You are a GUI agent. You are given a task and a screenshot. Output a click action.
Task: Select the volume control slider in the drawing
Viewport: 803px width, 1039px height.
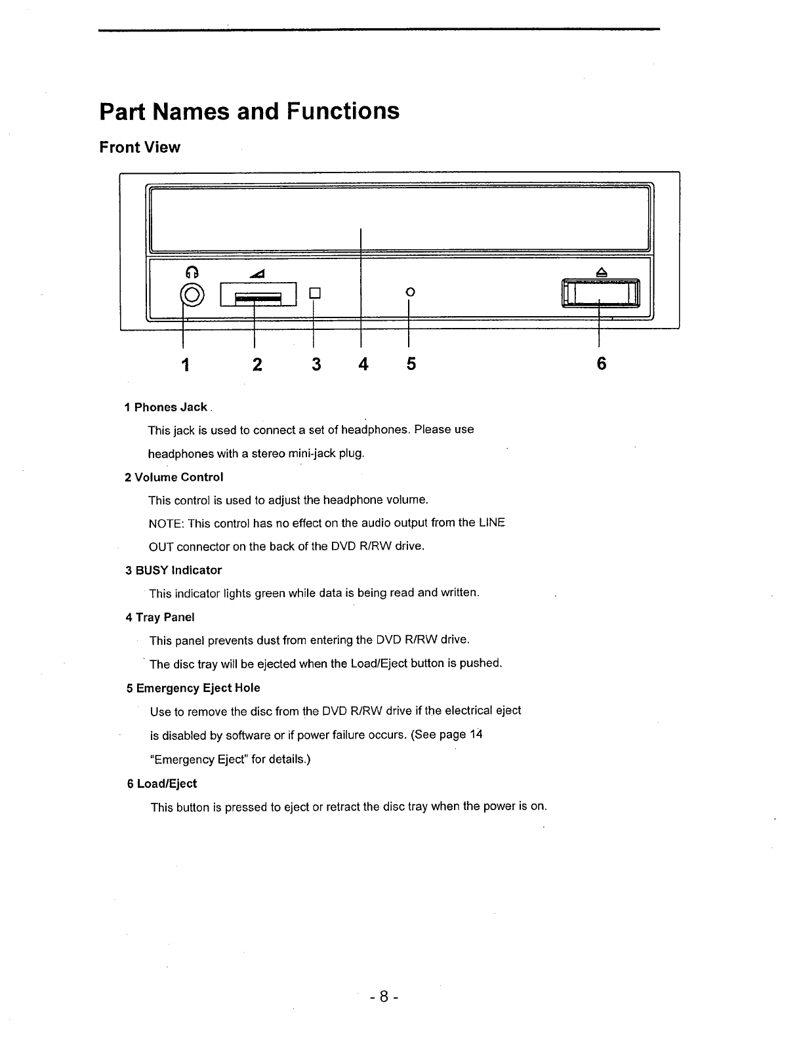(258, 294)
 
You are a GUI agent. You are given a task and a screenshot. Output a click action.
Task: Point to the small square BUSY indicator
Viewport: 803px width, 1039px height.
(315, 292)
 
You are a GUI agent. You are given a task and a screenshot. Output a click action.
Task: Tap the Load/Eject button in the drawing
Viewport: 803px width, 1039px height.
(600, 293)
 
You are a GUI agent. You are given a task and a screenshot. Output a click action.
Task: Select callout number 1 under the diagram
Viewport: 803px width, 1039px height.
(186, 364)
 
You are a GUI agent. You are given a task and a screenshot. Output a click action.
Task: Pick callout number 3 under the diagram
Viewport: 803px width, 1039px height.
(316, 364)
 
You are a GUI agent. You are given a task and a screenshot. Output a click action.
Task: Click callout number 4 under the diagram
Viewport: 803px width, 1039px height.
(362, 364)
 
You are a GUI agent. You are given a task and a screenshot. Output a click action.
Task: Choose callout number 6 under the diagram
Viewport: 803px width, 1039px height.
(601, 364)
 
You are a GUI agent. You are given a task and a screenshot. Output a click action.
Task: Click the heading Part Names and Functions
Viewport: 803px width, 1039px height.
(249, 111)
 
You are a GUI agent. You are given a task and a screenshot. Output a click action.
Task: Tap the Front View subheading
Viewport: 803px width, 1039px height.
(140, 147)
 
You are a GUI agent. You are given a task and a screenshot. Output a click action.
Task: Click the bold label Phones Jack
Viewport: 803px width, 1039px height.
(171, 407)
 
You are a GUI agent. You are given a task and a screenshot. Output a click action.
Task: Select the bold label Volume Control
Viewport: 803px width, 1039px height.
(178, 477)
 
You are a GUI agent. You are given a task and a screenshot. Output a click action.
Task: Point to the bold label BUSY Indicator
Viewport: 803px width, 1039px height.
(178, 570)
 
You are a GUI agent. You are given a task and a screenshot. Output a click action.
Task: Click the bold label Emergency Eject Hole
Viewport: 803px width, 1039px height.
(198, 688)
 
